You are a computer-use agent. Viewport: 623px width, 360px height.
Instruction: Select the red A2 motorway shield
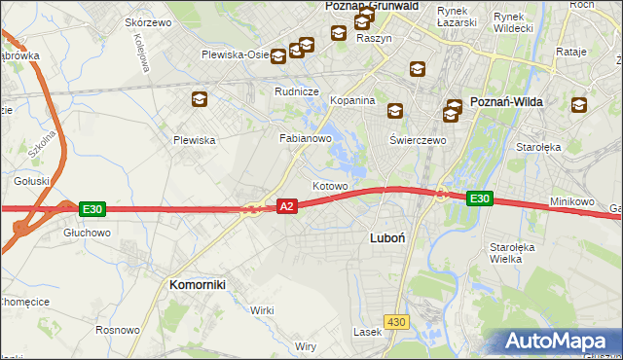286,206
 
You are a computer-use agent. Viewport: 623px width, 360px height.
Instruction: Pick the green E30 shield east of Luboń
479,198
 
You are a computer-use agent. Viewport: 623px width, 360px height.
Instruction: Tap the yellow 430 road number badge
395,320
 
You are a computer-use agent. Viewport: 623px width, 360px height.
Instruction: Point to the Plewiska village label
194,140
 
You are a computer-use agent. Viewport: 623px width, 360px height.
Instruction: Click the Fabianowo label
307,139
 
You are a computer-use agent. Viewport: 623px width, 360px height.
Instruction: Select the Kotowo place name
330,185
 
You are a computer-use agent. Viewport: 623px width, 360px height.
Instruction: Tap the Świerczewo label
418,140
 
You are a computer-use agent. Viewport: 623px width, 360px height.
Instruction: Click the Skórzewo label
148,21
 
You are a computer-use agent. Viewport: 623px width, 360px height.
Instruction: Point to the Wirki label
262,309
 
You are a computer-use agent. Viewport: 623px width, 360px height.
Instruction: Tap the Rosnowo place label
118,331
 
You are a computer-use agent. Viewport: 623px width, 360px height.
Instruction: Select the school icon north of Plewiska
200,98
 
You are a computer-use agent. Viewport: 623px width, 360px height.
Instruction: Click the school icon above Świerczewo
394,111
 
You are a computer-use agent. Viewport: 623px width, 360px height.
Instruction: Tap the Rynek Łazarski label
457,16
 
